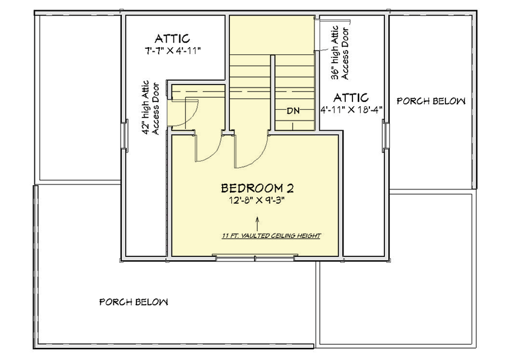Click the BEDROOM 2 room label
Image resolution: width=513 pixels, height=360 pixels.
257,188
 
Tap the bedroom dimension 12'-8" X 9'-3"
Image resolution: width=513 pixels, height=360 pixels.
257,201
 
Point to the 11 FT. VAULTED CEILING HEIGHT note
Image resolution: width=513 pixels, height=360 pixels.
270,235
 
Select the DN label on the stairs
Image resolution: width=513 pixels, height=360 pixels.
294,111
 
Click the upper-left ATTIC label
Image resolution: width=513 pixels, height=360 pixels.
173,38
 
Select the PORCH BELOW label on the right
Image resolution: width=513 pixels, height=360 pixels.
431,101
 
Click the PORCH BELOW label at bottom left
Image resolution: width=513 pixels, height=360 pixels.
133,302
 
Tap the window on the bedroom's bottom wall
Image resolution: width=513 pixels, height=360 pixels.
255,259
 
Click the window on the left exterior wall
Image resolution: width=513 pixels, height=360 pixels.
125,133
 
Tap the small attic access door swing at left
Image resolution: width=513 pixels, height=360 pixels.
187,112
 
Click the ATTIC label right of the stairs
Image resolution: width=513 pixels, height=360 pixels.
351,97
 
